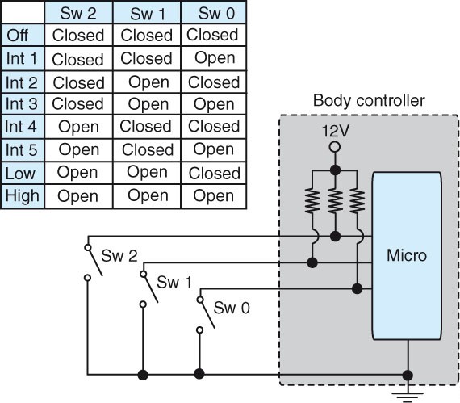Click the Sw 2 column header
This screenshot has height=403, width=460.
click(77, 12)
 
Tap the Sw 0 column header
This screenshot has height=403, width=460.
click(214, 12)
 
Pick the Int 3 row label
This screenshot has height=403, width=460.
click(21, 104)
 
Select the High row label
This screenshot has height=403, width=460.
click(21, 196)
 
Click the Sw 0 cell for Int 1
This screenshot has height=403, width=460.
click(214, 58)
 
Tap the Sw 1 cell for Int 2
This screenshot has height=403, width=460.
click(147, 82)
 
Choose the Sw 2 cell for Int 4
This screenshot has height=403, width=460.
click(78, 128)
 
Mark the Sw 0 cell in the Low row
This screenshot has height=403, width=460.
click(214, 173)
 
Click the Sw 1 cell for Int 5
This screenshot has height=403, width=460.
click(147, 150)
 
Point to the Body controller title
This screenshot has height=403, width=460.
click(367, 101)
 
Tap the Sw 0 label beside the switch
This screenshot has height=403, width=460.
click(230, 308)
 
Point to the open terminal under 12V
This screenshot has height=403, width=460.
click(334, 147)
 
